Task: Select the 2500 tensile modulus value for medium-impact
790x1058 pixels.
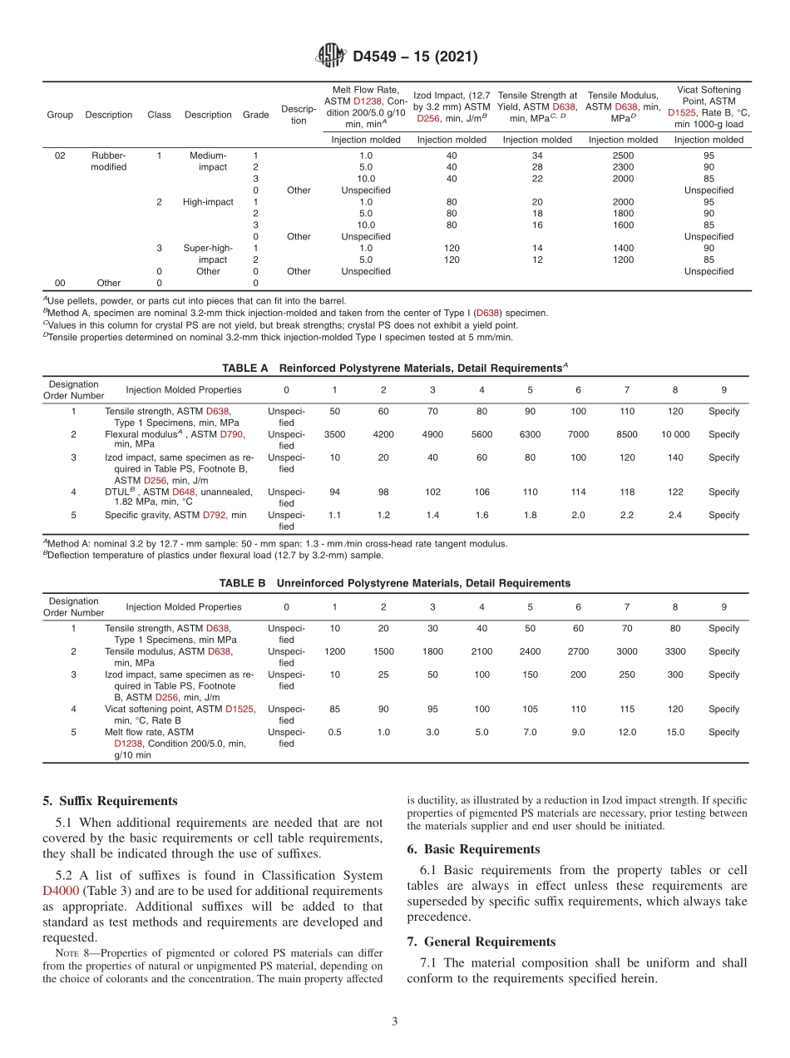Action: click(x=623, y=156)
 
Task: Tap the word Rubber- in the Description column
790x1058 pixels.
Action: click(x=108, y=156)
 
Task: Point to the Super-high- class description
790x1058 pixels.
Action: click(x=208, y=248)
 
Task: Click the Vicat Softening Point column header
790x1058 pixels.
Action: click(x=709, y=106)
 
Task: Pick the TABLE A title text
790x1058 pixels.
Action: click(x=394, y=367)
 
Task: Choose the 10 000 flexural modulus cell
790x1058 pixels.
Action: click(x=674, y=434)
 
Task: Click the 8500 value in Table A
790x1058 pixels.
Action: click(x=626, y=434)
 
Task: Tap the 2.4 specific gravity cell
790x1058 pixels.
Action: click(x=674, y=515)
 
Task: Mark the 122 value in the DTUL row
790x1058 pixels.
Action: click(x=674, y=492)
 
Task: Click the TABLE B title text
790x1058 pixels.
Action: click(x=394, y=583)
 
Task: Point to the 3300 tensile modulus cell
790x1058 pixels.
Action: click(x=674, y=651)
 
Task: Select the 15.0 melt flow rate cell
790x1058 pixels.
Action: click(x=674, y=732)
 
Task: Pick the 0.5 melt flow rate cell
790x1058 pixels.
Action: click(x=334, y=732)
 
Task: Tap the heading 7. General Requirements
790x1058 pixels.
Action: click(x=481, y=942)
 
